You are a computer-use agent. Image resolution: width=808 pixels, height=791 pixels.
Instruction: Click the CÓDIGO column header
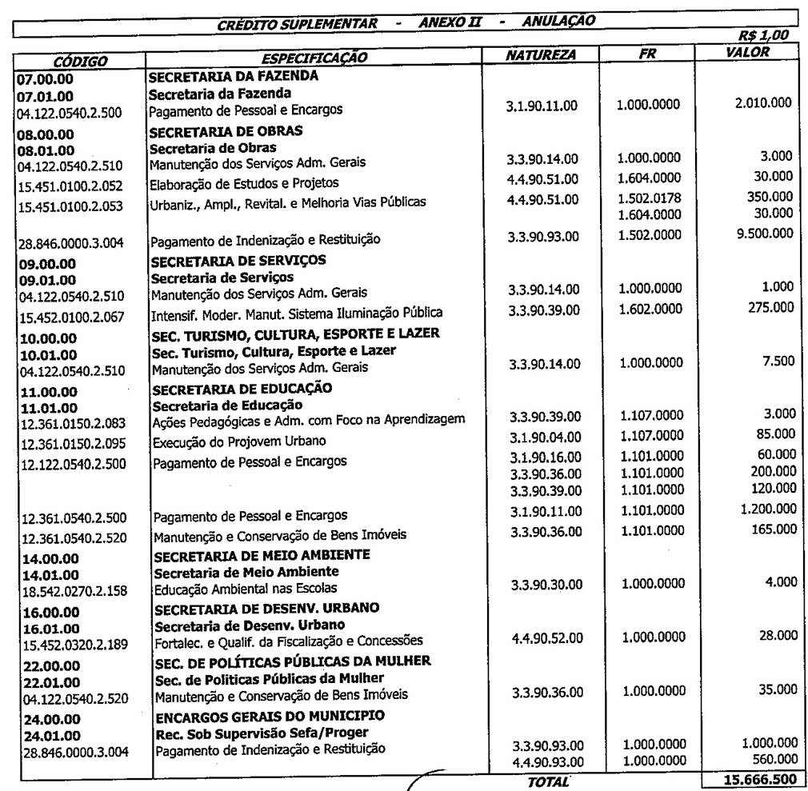80,61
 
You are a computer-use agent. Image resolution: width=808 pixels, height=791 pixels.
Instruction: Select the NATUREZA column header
541,55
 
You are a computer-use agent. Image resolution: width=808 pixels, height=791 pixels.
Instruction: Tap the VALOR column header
747,53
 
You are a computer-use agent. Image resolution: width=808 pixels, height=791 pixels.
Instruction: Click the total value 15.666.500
753,780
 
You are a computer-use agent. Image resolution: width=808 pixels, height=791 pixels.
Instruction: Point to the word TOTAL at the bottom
549,781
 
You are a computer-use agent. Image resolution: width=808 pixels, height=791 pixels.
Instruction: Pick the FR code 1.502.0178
650,198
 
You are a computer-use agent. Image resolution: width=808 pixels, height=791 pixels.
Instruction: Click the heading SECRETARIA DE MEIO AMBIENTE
262,554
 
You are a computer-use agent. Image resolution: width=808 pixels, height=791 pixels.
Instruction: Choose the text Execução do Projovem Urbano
239,441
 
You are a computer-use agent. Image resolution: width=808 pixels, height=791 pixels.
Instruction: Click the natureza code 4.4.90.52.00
547,637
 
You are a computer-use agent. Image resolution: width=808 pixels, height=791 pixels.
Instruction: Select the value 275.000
774,307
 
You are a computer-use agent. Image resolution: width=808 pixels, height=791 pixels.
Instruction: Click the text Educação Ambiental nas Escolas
246,589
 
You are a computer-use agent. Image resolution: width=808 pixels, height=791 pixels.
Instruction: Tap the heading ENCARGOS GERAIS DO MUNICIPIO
270,715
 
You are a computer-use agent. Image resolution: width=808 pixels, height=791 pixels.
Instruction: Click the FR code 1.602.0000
650,310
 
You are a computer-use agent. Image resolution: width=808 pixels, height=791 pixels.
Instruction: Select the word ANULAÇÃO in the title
558,21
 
